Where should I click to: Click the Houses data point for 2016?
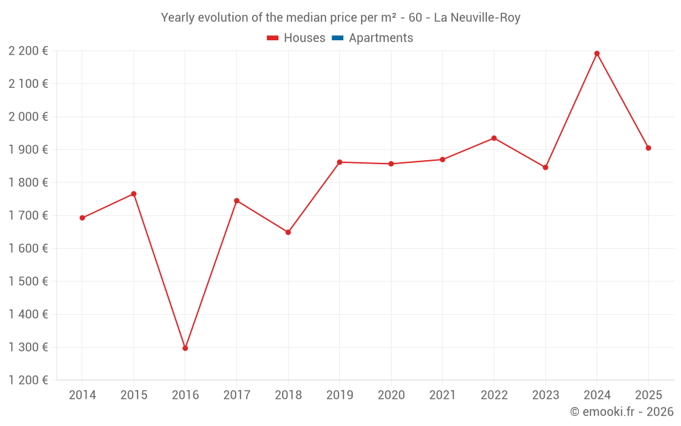pyautogui.click(x=185, y=348)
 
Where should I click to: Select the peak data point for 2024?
pyautogui.click(x=597, y=53)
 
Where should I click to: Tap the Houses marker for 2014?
pyautogui.click(x=82, y=218)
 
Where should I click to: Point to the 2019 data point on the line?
pyautogui.click(x=340, y=162)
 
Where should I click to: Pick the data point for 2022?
pyautogui.click(x=494, y=138)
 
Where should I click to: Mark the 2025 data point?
pyautogui.click(x=648, y=148)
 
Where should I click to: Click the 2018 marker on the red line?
pyautogui.click(x=288, y=232)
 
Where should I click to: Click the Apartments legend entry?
pyautogui.click(x=380, y=38)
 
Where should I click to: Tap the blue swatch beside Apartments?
pyautogui.click(x=337, y=38)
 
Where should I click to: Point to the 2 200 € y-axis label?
pyautogui.click(x=28, y=50)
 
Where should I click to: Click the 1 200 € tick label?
pyautogui.click(x=28, y=380)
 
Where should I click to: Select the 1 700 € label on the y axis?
pyautogui.click(x=28, y=215)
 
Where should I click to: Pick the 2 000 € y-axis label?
pyautogui.click(x=28, y=117)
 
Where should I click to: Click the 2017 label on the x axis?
pyautogui.click(x=236, y=395)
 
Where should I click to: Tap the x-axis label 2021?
pyautogui.click(x=442, y=395)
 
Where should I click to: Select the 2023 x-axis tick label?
pyautogui.click(x=545, y=395)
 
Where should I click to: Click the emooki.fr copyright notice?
pyautogui.click(x=621, y=412)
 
